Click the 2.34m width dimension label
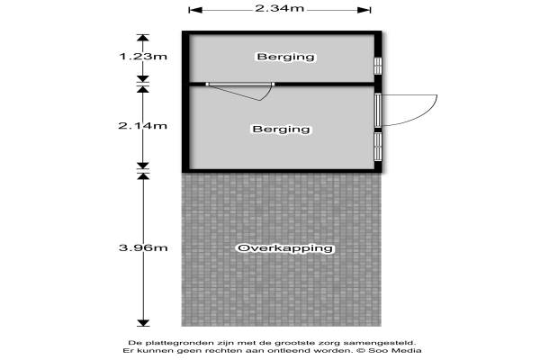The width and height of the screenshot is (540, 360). [x=280, y=7]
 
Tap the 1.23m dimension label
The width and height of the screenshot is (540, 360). [x=143, y=56]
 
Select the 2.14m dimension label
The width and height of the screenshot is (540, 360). [x=142, y=126]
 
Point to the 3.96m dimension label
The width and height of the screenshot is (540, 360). [x=143, y=247]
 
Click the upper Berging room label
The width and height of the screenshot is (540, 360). [x=286, y=57]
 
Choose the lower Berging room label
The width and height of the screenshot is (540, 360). [x=281, y=130]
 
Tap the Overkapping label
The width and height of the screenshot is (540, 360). [x=285, y=248]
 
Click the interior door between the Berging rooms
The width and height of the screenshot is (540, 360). [x=240, y=91]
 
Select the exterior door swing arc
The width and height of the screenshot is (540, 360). [x=409, y=110]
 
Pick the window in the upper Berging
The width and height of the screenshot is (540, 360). [x=378, y=66]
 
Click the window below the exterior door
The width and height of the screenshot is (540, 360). [x=378, y=147]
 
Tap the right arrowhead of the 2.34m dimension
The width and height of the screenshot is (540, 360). [x=364, y=10]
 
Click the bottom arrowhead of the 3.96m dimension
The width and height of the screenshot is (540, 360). [x=143, y=323]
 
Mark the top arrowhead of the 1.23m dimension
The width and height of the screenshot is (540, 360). [x=143, y=38]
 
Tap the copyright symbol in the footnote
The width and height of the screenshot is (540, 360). [x=361, y=351]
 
